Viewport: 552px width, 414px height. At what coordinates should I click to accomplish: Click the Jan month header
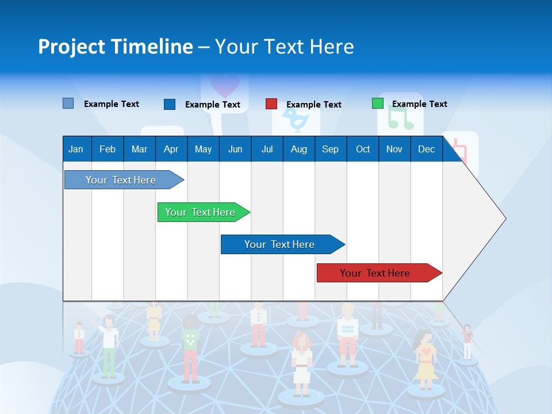[x=76, y=149]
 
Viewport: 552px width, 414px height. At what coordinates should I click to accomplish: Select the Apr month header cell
[x=171, y=149]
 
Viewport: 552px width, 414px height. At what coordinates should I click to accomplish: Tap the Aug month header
[x=298, y=149]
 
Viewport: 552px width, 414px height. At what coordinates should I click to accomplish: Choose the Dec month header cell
[x=426, y=149]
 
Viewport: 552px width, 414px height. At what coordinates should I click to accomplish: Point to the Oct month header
[x=363, y=149]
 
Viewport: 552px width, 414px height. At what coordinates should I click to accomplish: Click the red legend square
[x=271, y=104]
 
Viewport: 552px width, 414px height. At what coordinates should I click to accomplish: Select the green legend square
[x=377, y=103]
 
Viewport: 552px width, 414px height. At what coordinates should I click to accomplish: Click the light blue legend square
[x=68, y=103]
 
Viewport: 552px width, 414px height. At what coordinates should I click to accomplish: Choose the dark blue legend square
[x=170, y=104]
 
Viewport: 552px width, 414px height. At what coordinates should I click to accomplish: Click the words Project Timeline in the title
[x=116, y=47]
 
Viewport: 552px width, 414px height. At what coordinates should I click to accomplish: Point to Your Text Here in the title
[x=284, y=47]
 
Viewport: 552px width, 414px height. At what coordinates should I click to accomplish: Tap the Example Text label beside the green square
[x=419, y=104]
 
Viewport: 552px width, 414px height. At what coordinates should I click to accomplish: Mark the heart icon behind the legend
[x=224, y=86]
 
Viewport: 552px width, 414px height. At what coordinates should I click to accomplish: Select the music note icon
[x=400, y=118]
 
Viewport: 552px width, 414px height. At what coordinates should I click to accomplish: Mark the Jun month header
[x=235, y=149]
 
